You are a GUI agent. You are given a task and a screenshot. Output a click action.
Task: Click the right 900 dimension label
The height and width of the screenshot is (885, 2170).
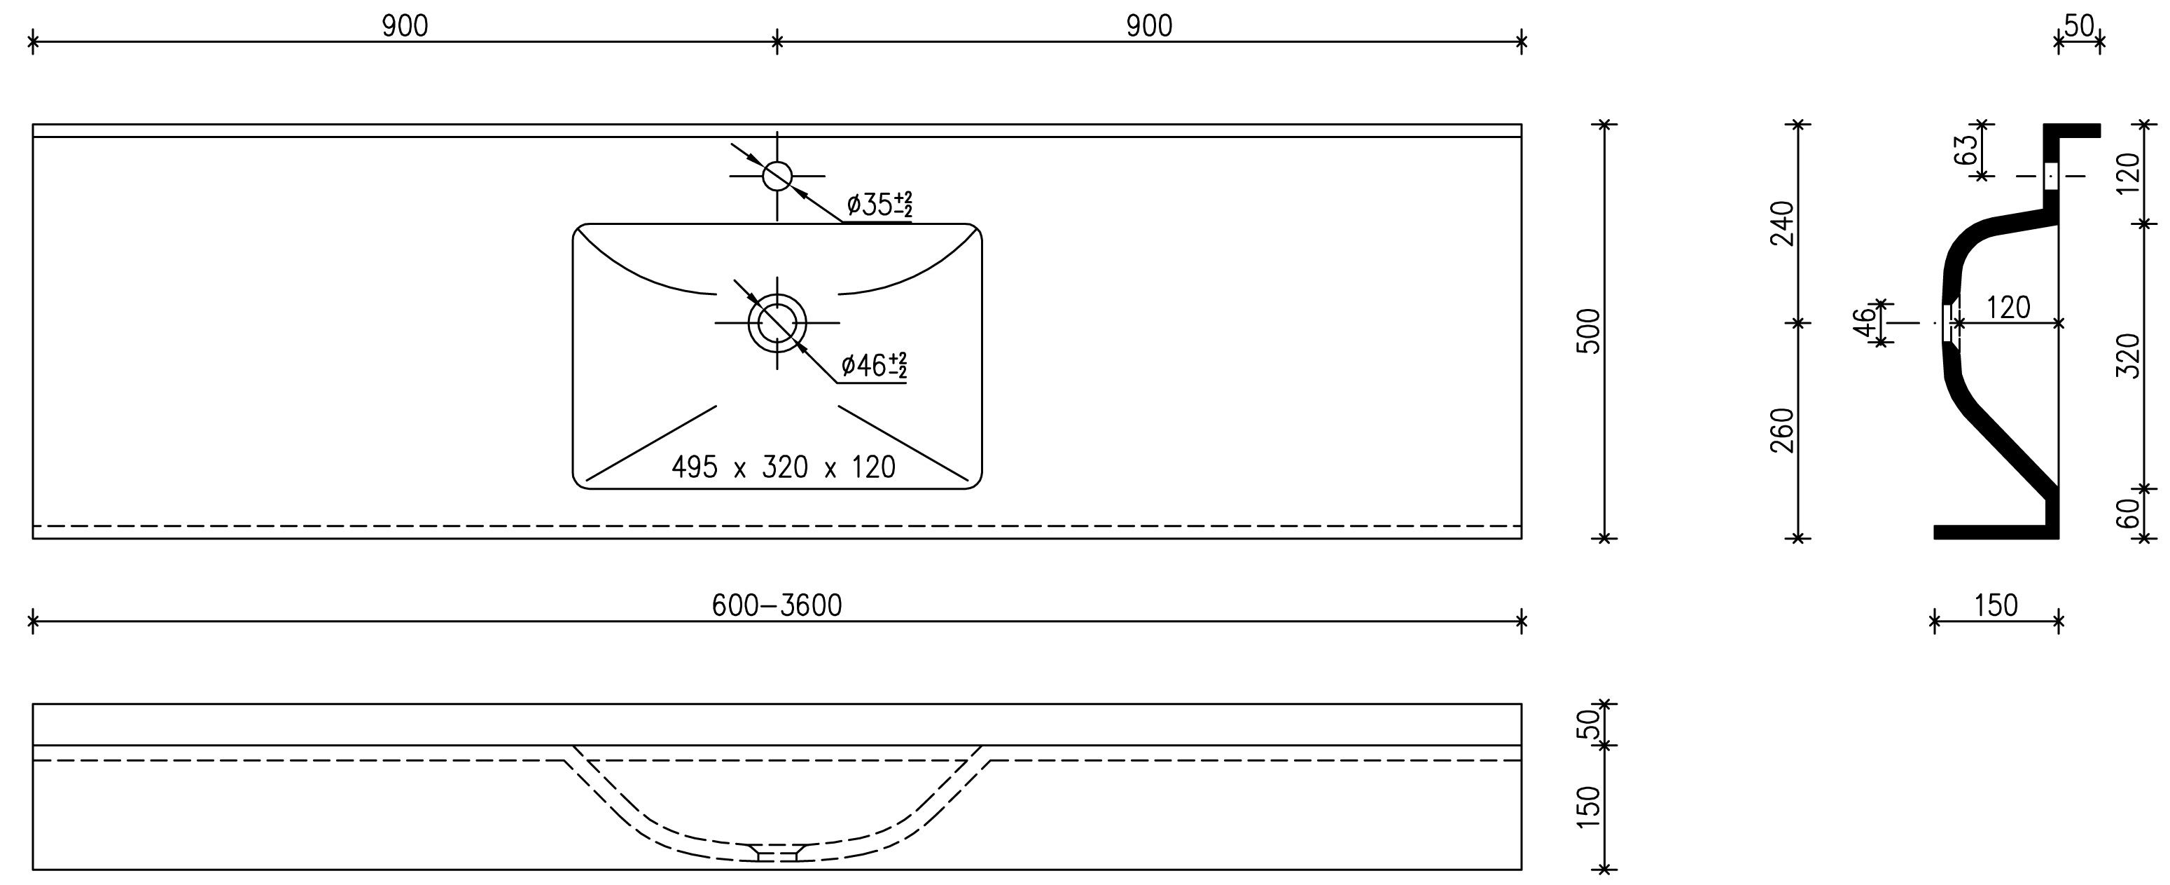(x=1149, y=26)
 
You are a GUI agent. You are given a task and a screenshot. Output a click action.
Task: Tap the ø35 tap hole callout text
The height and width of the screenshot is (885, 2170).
(x=879, y=204)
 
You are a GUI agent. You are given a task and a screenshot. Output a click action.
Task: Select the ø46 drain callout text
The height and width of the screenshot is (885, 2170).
(x=874, y=366)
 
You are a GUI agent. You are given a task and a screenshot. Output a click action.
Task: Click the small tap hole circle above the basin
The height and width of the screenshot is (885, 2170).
(x=777, y=176)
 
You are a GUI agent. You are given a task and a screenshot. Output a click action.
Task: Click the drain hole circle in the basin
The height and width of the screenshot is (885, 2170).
(x=777, y=323)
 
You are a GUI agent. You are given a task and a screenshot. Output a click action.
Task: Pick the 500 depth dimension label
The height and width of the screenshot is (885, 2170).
(x=1587, y=331)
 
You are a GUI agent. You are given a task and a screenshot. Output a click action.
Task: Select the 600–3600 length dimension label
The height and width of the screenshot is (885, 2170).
(x=777, y=605)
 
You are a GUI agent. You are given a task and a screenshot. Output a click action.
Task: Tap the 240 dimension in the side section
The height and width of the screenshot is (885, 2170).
(x=1783, y=224)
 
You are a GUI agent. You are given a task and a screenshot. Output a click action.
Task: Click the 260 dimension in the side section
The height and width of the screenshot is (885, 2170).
(x=1783, y=431)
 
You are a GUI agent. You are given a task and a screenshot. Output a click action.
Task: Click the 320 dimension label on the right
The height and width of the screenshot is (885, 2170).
(x=2128, y=356)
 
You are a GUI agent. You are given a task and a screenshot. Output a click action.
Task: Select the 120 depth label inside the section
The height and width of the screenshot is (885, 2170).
(x=2008, y=308)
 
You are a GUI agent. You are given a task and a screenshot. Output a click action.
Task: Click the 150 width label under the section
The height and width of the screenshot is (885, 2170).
(x=1996, y=605)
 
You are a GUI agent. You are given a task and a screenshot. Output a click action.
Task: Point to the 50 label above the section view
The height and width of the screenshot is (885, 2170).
(x=2079, y=26)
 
